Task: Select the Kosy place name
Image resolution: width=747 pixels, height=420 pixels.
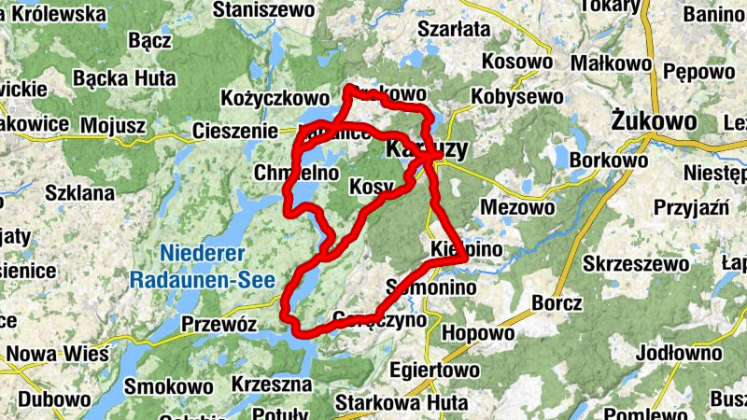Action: pos(371,188)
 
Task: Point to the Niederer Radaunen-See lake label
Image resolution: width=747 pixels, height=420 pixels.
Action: pos(201,266)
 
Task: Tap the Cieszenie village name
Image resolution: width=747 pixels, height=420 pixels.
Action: pos(234,132)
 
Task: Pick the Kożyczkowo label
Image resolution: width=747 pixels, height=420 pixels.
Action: pos(275,98)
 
